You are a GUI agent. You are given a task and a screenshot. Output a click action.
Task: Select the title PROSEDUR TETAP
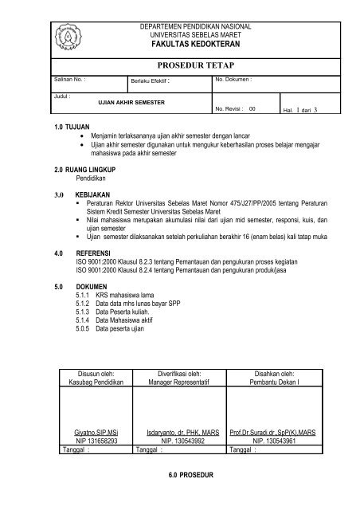(195, 64)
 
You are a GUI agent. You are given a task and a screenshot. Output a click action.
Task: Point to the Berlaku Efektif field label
(151, 82)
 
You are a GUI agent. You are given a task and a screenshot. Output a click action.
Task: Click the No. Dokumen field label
(233, 80)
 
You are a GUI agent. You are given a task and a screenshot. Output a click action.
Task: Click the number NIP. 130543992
(182, 439)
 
